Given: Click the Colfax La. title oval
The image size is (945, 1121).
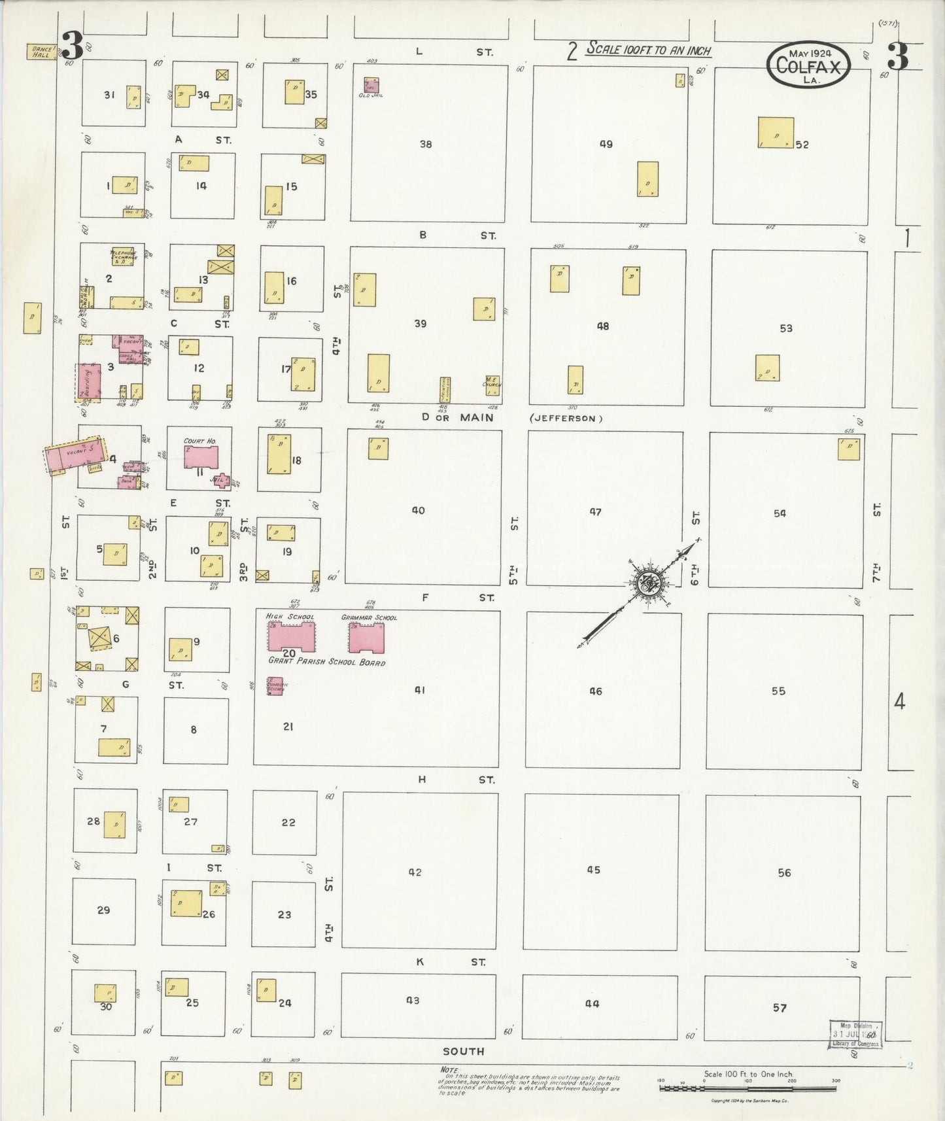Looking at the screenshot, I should coord(809,65).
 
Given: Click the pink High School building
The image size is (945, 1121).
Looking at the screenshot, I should coord(291,636).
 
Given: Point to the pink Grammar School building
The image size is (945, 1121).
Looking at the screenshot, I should coord(366,638).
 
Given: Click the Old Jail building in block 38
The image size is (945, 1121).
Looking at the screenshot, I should coord(371,86).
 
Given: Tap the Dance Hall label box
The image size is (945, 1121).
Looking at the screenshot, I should coord(40,52).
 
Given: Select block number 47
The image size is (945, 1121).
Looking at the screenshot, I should coord(595,511).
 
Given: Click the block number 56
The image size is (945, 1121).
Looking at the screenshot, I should coord(784,872).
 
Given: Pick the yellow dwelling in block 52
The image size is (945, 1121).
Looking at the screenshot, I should coord(776,132).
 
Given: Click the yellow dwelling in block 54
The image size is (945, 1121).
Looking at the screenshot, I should coord(849,449).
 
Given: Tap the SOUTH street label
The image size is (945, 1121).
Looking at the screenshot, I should coord(463,1051).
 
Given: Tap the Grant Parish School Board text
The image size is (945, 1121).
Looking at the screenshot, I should coord(326,662).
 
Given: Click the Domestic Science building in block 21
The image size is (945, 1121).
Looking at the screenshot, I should coord(275,685).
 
